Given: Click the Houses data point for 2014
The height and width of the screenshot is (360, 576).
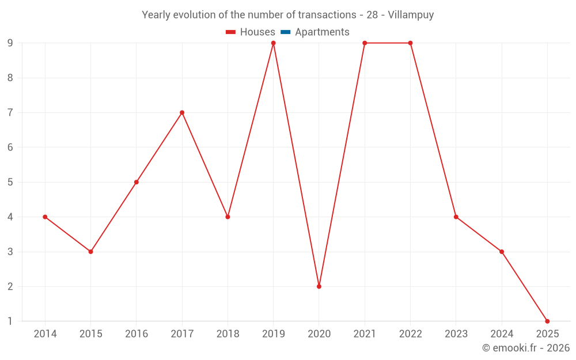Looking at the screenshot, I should [45, 217].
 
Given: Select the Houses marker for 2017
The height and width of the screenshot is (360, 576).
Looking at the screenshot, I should [182, 113].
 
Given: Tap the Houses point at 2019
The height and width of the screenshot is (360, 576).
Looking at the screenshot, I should [273, 43].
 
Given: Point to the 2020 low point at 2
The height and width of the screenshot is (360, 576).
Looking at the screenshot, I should [319, 286].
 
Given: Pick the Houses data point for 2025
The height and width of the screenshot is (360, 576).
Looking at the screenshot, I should [547, 321].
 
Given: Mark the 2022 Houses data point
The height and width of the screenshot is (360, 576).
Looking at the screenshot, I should [410, 43].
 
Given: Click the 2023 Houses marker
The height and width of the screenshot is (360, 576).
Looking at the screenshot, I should [456, 217].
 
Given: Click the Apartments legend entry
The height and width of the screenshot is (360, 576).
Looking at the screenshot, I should [322, 32].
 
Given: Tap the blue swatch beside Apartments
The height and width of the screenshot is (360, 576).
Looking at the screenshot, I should [286, 32].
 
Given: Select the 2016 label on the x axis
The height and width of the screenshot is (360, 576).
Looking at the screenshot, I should [137, 334].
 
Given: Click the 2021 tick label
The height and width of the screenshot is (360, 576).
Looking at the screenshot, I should [365, 334].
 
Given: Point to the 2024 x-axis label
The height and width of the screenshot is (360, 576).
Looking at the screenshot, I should [502, 334].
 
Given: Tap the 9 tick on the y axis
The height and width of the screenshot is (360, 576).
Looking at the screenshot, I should [10, 43].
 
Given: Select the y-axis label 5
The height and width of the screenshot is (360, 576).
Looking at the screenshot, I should [10, 182].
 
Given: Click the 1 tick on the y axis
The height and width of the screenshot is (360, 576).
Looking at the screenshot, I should [10, 321].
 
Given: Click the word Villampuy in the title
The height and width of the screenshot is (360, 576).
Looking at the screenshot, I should [411, 15].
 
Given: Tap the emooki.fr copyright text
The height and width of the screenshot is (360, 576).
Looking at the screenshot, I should [526, 348].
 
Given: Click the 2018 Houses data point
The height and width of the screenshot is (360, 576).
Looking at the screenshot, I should [228, 217].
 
